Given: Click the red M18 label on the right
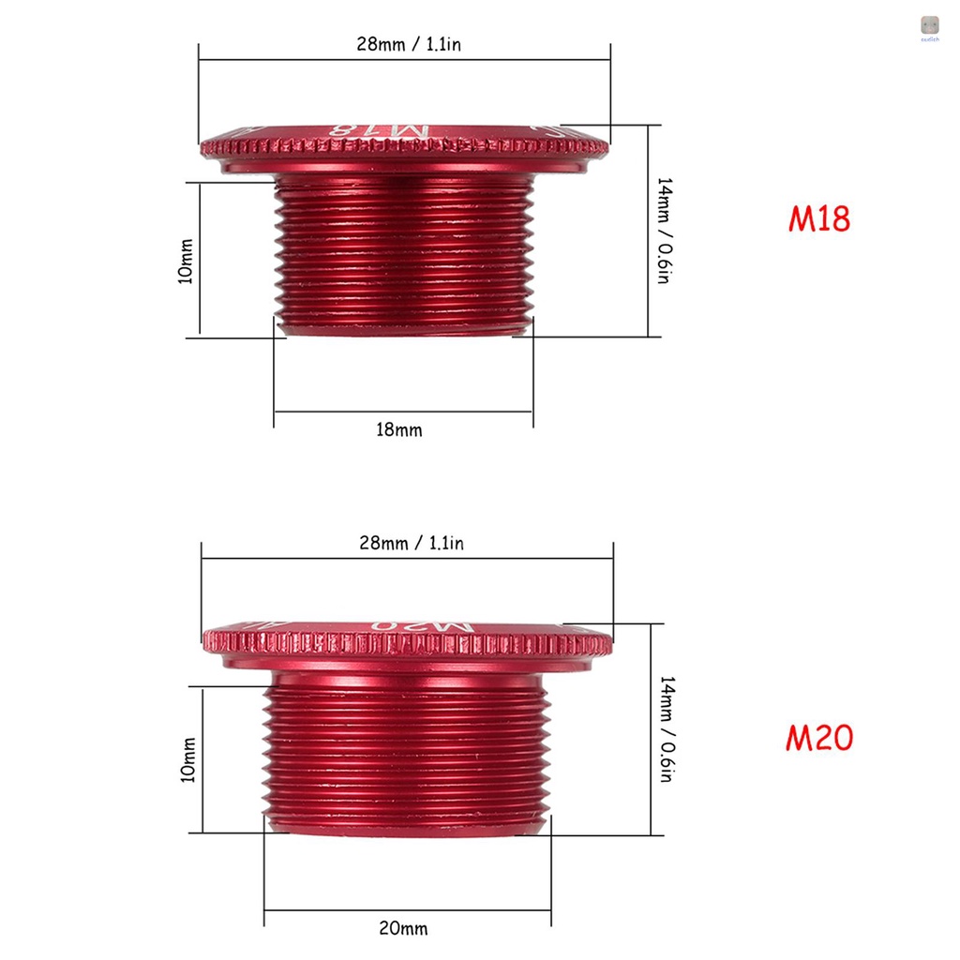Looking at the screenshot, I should pyautogui.click(x=818, y=217).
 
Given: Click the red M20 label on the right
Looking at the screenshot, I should pyautogui.click(x=818, y=738).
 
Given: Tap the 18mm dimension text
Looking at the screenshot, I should pyautogui.click(x=398, y=430).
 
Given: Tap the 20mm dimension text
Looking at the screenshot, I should pyautogui.click(x=403, y=928).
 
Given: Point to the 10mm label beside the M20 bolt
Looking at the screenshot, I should pyautogui.click(x=187, y=759).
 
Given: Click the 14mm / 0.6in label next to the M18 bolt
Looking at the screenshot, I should pyautogui.click(x=663, y=231).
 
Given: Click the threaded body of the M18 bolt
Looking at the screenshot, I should pyautogui.click(x=403, y=253).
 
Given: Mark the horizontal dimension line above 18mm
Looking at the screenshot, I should pyautogui.click(x=403, y=411).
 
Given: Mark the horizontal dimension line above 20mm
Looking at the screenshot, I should pyautogui.click(x=408, y=909).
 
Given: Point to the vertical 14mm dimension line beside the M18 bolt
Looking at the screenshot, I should pyautogui.click(x=648, y=231).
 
